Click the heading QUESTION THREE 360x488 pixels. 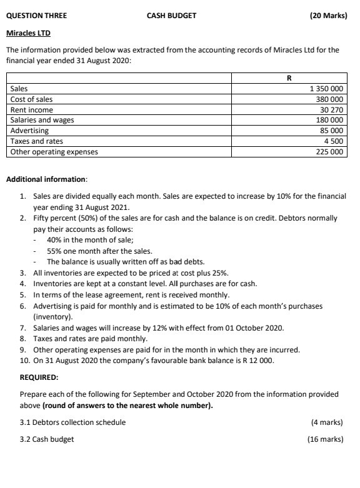[36, 16]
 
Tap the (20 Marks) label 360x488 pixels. [328, 16]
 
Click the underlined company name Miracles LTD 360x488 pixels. [28, 32]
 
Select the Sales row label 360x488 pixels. [19, 89]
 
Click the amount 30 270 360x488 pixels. [331, 110]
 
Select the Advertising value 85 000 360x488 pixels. [331, 131]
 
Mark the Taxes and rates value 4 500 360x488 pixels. [334, 141]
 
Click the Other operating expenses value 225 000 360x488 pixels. [329, 151]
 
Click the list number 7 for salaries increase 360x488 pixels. [22, 328]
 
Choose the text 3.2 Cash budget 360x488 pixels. [47, 439]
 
